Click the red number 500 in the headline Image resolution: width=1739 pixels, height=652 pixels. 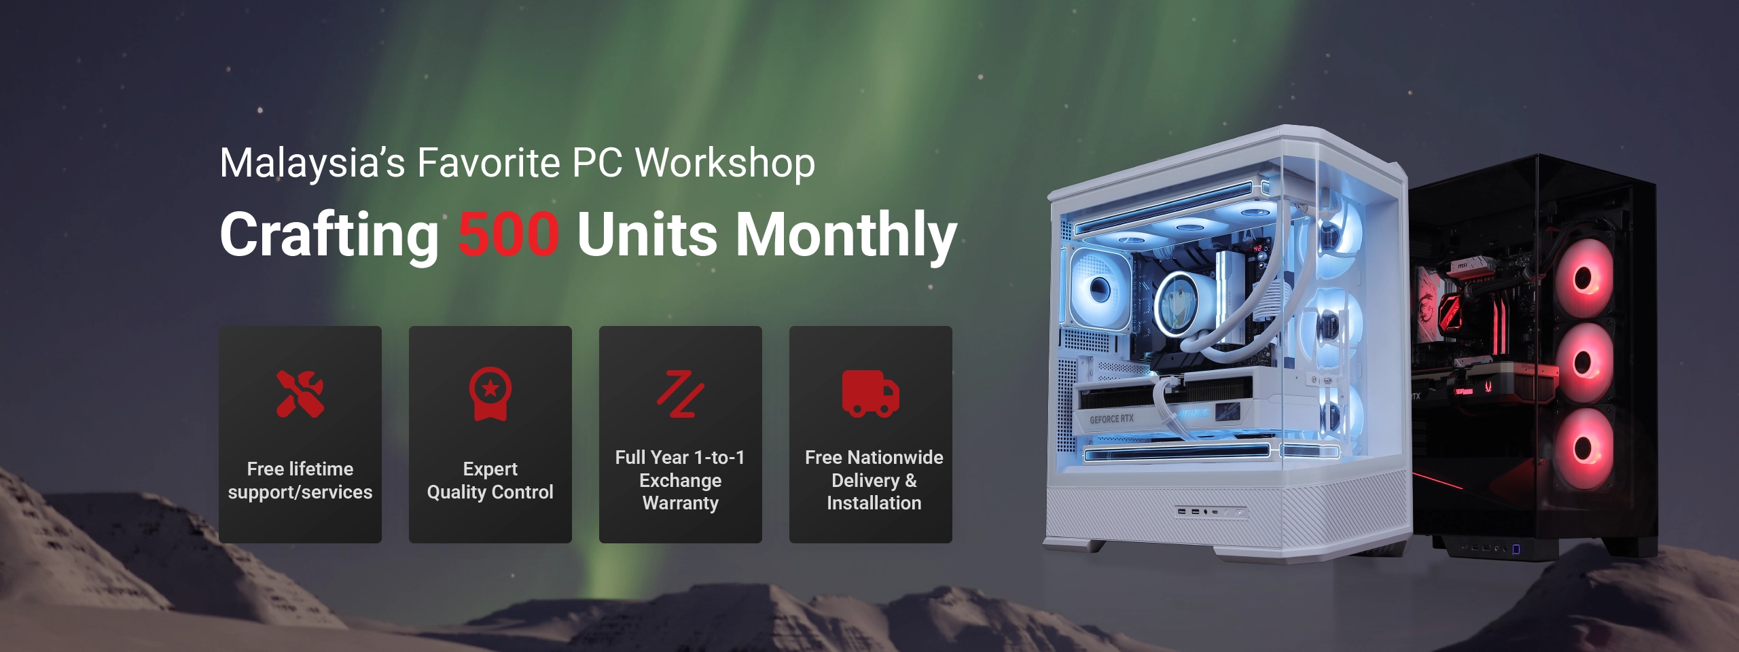click(x=508, y=234)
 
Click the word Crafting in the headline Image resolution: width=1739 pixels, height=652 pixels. click(x=329, y=235)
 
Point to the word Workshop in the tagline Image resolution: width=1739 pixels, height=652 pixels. click(x=725, y=163)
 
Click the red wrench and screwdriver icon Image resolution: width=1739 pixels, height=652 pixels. click(x=300, y=394)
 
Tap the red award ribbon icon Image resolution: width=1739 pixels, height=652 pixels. click(x=490, y=394)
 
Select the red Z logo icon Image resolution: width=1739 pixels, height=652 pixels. click(x=680, y=394)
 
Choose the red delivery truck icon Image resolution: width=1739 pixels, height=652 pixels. click(x=870, y=394)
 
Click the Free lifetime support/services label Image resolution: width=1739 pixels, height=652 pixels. click(x=300, y=480)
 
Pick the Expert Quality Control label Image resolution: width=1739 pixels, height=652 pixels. click(x=490, y=480)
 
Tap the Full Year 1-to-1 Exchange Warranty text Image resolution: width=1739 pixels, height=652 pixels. click(x=680, y=480)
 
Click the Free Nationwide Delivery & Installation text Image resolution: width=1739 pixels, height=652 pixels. click(x=874, y=480)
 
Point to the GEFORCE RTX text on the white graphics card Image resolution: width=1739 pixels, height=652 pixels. click(x=1111, y=419)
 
